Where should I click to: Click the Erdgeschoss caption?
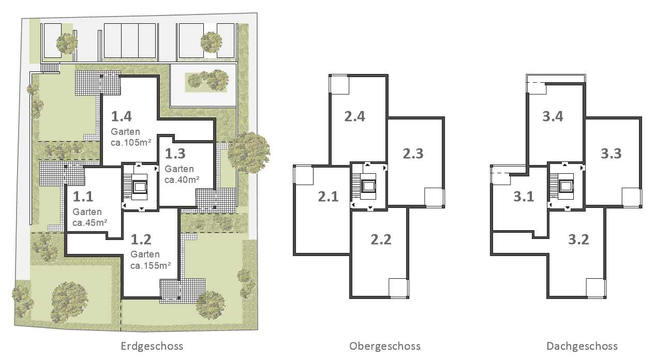pos(152,347)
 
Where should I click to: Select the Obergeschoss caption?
pos(385,347)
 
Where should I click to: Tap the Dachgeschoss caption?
pos(582,347)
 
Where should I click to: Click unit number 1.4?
pos(122,116)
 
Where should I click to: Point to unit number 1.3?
pos(175,154)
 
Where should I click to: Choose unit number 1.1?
pos(83,197)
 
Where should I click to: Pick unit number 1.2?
pos(141,239)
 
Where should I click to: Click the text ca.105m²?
pos(131,143)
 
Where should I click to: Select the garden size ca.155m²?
pos(151,265)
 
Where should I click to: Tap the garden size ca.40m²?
pos(182,179)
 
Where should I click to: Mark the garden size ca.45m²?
pos(90,222)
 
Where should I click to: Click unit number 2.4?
pos(355,116)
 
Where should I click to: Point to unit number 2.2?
pos(381,239)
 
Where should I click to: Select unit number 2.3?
pos(413,154)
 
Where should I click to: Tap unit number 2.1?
pos(329,197)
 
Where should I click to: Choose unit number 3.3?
pos(611,154)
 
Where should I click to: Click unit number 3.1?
pos(524,197)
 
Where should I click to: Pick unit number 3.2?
pos(578,239)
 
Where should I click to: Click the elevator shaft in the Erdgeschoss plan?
pos(140,187)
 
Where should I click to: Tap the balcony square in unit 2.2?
pos(398,288)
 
